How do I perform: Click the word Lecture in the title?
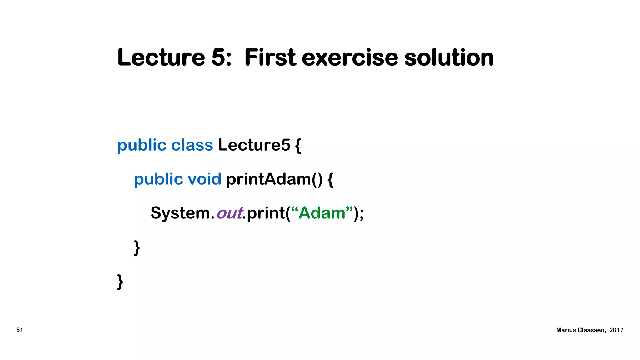[161, 57]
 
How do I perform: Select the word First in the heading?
[270, 57]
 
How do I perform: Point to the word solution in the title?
[449, 57]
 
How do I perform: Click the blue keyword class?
[192, 145]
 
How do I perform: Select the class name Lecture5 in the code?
[254, 145]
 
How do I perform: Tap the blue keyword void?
[204, 179]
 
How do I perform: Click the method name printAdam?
[269, 179]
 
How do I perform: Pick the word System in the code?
[180, 213]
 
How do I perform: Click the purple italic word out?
[230, 213]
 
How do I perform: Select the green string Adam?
[322, 213]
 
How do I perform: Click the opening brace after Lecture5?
[298, 146]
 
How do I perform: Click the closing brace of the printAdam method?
[137, 248]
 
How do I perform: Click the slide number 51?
[20, 330]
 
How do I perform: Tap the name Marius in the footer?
[566, 330]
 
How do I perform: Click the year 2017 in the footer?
[616, 330]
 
